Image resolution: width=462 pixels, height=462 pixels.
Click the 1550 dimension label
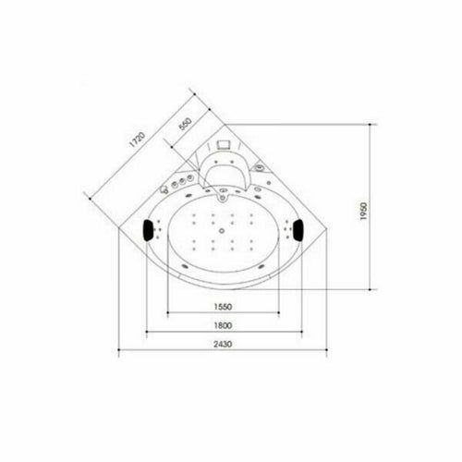(x=223, y=307)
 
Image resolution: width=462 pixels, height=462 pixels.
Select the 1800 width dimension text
(x=223, y=325)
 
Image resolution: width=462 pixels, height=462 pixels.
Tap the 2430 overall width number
(x=223, y=344)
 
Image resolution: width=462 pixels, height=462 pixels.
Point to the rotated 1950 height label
(x=364, y=211)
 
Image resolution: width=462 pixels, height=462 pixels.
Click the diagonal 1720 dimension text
(x=137, y=140)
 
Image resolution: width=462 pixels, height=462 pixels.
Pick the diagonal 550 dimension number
(x=185, y=124)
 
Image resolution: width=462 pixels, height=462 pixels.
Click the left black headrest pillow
(x=148, y=230)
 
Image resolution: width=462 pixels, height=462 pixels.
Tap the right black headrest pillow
(x=298, y=229)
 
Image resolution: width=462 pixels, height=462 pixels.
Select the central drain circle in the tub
(x=222, y=230)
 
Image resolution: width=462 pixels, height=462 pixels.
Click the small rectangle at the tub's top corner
(x=224, y=144)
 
